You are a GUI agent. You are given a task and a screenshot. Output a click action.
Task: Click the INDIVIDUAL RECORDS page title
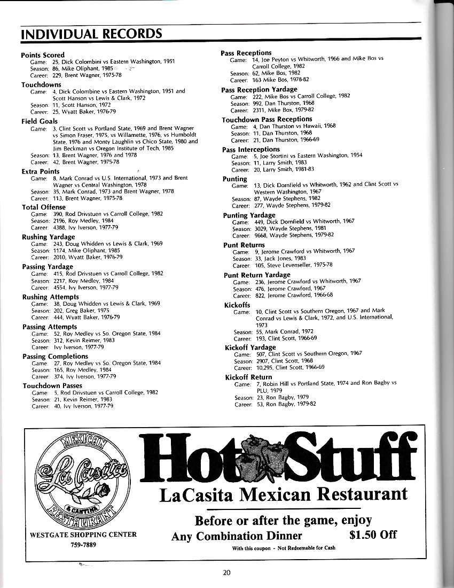(91, 34)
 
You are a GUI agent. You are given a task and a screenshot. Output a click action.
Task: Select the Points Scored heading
(43, 55)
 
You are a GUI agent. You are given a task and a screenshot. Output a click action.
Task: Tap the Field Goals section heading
(40, 122)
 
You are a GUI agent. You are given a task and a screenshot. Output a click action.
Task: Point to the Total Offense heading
(44, 207)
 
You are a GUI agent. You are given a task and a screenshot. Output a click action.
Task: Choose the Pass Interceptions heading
(251, 149)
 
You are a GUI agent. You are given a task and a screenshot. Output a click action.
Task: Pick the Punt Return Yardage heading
(257, 275)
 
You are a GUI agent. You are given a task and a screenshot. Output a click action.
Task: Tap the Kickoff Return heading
(248, 377)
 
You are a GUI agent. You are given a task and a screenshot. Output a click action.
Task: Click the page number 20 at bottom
(227, 572)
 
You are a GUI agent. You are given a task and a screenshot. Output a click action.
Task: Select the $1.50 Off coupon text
(372, 535)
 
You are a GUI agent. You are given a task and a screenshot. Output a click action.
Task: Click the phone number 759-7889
(83, 545)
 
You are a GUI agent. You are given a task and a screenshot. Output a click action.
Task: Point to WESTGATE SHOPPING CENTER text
(83, 535)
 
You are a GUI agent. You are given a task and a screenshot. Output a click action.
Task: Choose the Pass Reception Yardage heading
(259, 89)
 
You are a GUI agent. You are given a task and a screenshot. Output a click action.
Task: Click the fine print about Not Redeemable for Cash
(284, 548)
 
